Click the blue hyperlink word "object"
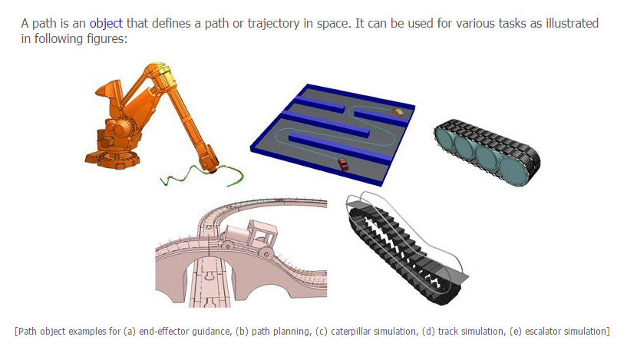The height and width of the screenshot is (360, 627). tap(106, 24)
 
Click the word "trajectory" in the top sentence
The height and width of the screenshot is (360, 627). tap(273, 24)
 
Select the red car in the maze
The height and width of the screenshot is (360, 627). tap(343, 164)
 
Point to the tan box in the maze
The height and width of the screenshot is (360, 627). tap(398, 111)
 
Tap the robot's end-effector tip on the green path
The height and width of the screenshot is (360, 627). tap(213, 171)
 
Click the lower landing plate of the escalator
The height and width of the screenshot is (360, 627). tap(453, 276)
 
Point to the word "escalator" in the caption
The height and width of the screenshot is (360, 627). tap(546, 332)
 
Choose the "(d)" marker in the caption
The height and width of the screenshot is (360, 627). tap(429, 332)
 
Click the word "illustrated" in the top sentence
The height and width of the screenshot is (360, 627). tap(573, 24)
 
